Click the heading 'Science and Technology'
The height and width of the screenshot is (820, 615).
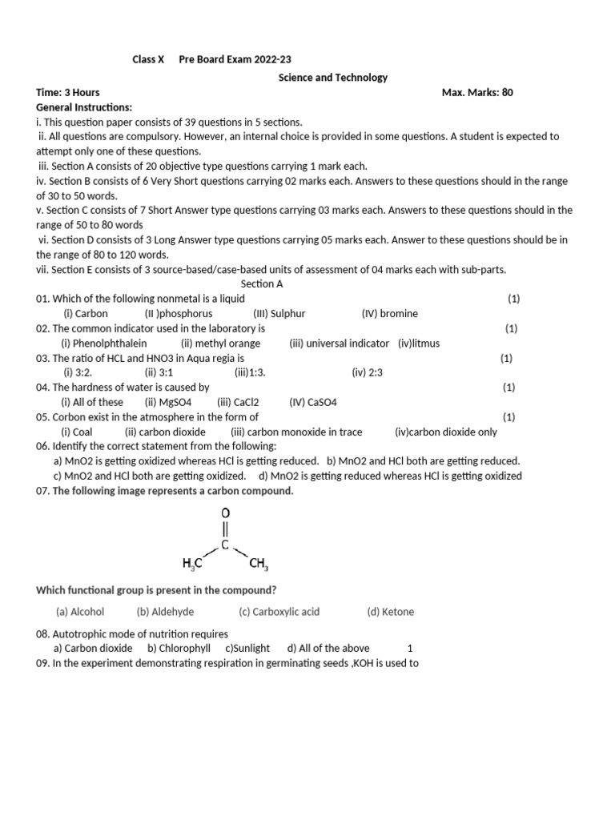pyautogui.click(x=332, y=78)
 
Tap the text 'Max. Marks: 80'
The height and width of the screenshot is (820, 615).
pyautogui.click(x=477, y=92)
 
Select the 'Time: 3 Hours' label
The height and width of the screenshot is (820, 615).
pyautogui.click(x=68, y=92)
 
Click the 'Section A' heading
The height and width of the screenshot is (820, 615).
pyautogui.click(x=262, y=283)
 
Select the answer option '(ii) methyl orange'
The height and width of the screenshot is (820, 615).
pyautogui.click(x=220, y=343)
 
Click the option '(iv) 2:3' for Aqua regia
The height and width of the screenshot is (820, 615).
pyautogui.click(x=368, y=372)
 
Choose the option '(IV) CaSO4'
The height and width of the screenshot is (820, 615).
pyautogui.click(x=314, y=402)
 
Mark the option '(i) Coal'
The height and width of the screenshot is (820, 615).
pyautogui.click(x=77, y=432)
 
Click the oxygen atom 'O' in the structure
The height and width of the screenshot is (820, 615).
pyautogui.click(x=225, y=512)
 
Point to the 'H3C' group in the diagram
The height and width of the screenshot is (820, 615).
pyautogui.click(x=192, y=564)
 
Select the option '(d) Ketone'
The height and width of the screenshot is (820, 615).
pyautogui.click(x=391, y=612)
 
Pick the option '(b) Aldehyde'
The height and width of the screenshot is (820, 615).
pyautogui.click(x=165, y=612)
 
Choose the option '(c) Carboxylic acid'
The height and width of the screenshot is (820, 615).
pyautogui.click(x=279, y=612)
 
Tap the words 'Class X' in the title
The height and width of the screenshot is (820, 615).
pyautogui.click(x=147, y=59)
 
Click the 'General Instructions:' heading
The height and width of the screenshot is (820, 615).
pyautogui.click(x=84, y=107)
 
